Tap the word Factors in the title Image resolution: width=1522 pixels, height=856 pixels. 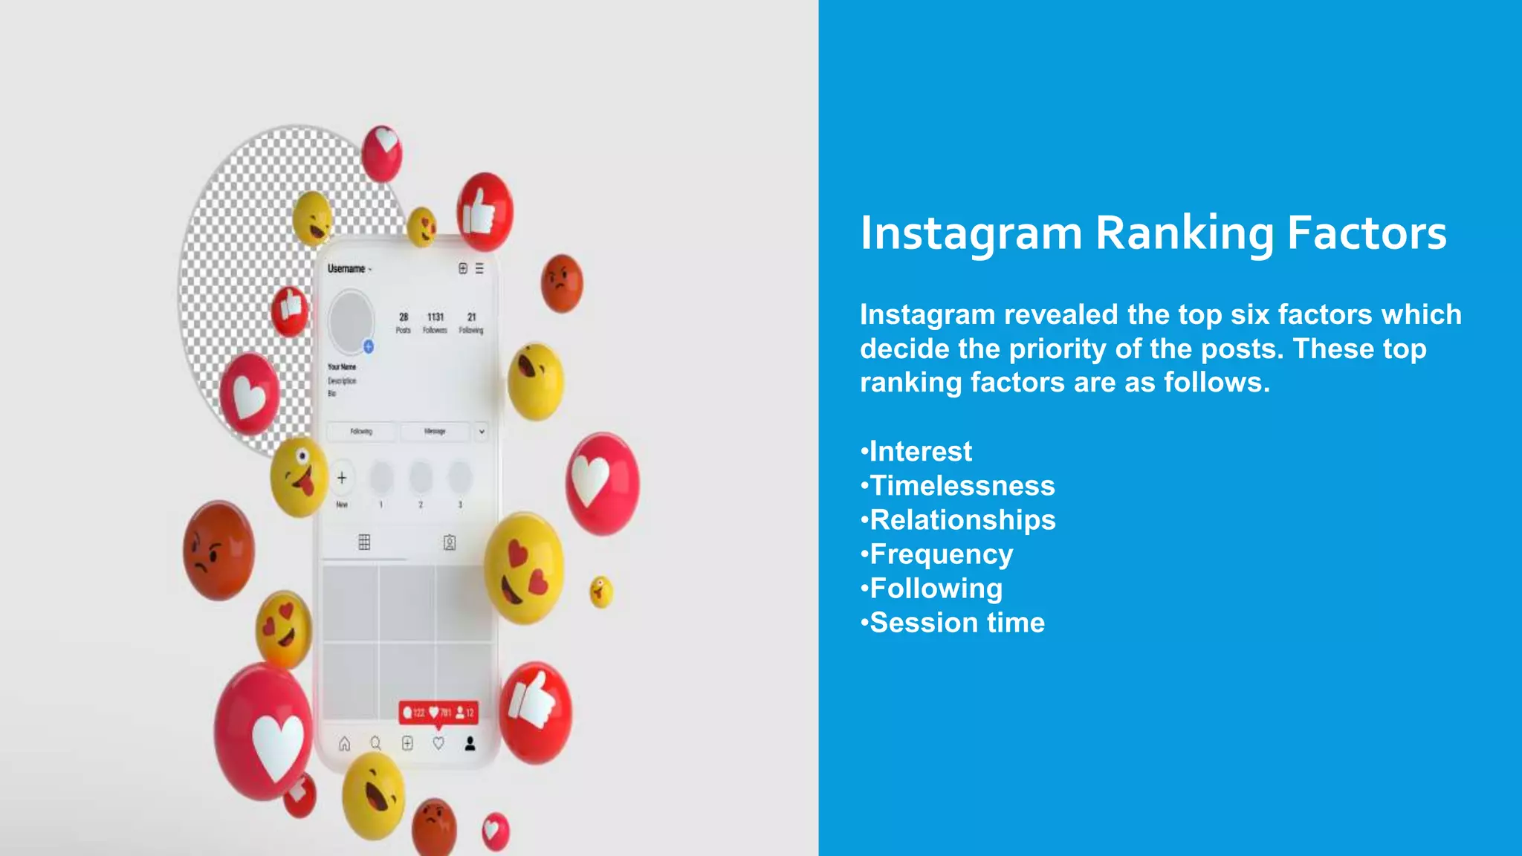[1366, 233]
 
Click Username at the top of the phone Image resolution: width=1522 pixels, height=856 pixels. [346, 269]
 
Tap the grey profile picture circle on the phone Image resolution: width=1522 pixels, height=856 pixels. [351, 321]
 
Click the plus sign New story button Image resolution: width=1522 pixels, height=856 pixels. [342, 478]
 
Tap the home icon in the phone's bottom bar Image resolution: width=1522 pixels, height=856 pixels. [344, 743]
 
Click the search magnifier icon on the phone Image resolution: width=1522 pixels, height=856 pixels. [376, 743]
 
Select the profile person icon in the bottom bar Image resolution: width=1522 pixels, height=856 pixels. [470, 743]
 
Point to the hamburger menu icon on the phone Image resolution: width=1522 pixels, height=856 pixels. [479, 268]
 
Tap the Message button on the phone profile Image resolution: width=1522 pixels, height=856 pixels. [435, 431]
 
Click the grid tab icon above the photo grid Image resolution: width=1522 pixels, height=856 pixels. [364, 542]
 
